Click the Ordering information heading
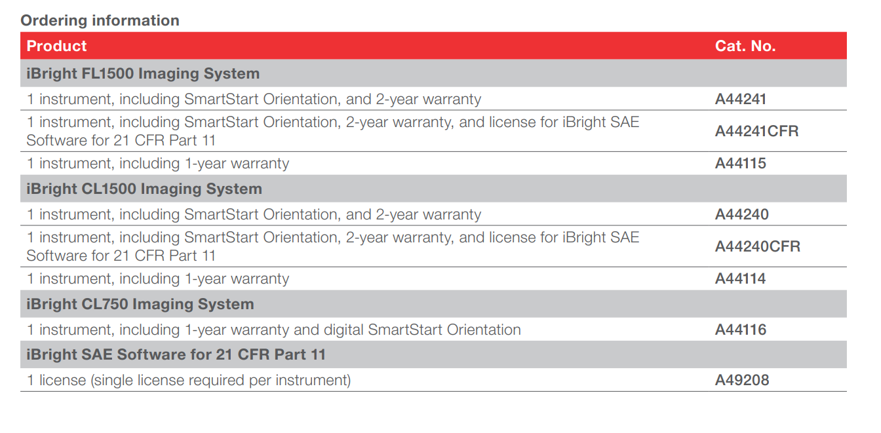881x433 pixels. [100, 20]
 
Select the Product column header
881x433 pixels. [56, 46]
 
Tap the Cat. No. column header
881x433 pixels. [745, 46]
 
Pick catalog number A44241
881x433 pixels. [741, 99]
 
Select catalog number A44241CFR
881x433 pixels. [756, 131]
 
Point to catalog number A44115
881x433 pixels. [741, 163]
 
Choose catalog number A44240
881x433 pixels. [742, 214]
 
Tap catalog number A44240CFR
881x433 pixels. [758, 246]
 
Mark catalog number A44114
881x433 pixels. [740, 278]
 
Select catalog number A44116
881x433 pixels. [741, 329]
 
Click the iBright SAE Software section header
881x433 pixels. [176, 354]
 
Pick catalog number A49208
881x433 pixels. [742, 380]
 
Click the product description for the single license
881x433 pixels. [189, 381]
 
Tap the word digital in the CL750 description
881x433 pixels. [343, 329]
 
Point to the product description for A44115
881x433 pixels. [158, 164]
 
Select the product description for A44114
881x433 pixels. [158, 279]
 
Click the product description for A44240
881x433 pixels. [254, 215]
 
